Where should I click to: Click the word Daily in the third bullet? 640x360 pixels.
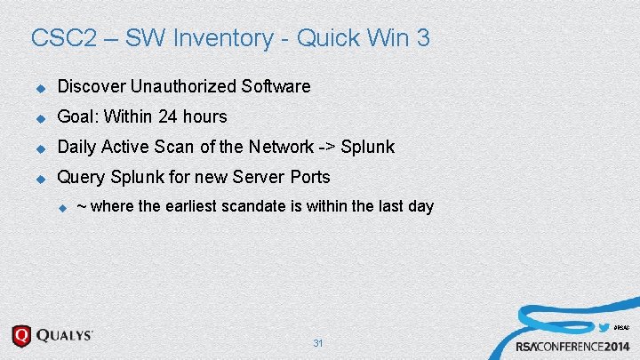(77, 147)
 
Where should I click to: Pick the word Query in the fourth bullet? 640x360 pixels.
(80, 177)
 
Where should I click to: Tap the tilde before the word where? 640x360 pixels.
(82, 206)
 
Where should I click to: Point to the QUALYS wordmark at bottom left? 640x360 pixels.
(64, 335)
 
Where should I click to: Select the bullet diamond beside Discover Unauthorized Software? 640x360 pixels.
(39, 88)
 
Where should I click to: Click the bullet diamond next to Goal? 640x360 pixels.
(39, 117)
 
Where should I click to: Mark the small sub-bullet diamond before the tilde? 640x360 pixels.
(62, 208)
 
